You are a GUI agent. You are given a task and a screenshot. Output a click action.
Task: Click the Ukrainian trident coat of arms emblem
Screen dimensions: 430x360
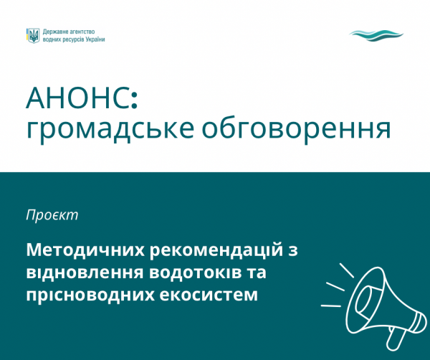coord(34,36)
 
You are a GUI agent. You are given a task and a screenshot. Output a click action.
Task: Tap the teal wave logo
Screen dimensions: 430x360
coord(376,36)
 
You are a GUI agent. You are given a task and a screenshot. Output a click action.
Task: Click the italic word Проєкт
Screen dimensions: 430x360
coord(52,216)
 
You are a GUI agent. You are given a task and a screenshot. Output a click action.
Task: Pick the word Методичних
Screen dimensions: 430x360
coord(85,250)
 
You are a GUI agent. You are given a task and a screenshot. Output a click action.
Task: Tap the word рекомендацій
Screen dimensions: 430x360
coord(216,250)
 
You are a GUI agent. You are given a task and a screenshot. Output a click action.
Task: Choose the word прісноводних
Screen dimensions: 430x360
coord(90,295)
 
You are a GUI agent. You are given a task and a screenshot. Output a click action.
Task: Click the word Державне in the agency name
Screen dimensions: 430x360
coord(54,32)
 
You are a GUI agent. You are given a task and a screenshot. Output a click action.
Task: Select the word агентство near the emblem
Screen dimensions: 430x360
coord(81,32)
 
